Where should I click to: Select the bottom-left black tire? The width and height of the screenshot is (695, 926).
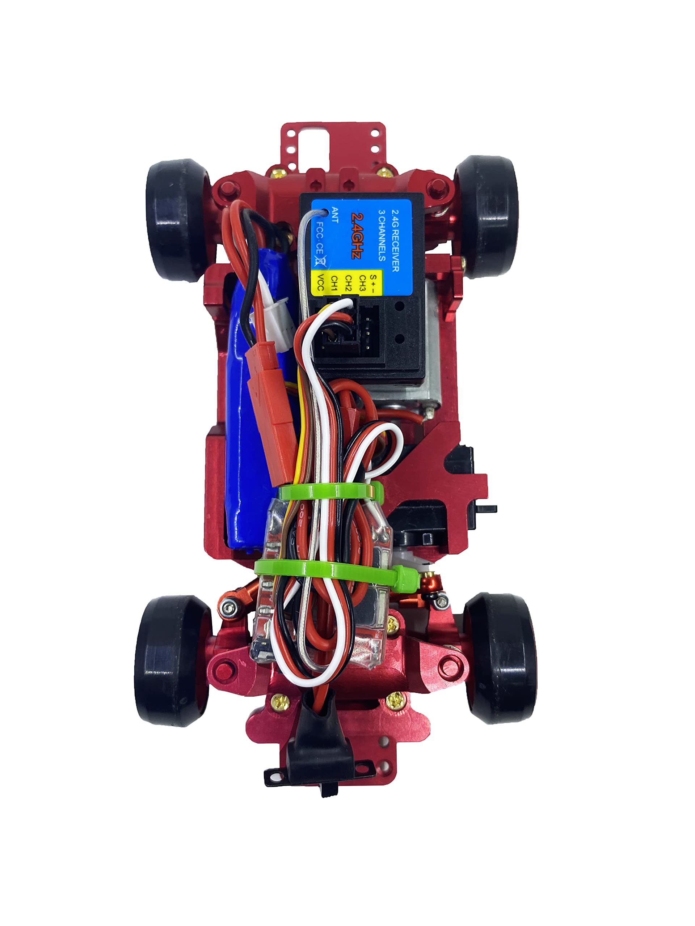172,662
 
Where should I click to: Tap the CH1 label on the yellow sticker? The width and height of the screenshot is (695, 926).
334,283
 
